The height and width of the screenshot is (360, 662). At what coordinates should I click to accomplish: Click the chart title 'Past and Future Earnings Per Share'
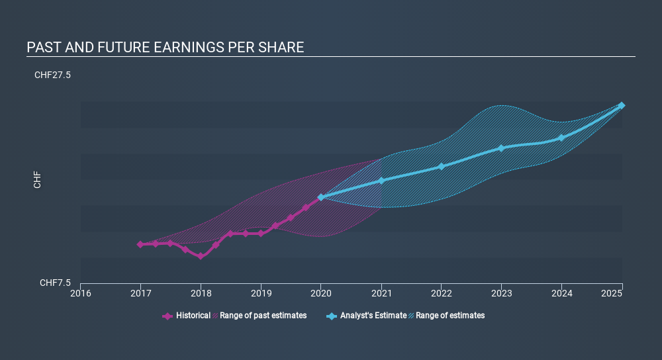(x=165, y=47)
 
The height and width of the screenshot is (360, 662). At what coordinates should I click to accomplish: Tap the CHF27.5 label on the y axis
(x=52, y=75)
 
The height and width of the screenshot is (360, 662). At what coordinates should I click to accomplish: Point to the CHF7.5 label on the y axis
(x=56, y=283)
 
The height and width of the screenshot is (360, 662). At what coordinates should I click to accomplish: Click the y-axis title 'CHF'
(x=37, y=180)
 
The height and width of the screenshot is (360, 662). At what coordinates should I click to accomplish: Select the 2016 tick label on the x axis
(x=81, y=293)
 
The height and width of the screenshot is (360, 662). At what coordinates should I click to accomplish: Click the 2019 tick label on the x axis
(x=261, y=293)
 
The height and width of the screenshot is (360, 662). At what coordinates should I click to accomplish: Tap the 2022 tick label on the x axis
(x=441, y=293)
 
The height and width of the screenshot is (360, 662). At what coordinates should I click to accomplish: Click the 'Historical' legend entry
(x=186, y=316)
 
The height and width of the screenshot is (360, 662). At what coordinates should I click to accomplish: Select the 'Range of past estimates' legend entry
(x=260, y=316)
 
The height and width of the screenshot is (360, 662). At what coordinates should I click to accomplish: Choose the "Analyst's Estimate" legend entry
(x=367, y=316)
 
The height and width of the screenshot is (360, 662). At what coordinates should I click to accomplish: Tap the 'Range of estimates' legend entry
(x=447, y=316)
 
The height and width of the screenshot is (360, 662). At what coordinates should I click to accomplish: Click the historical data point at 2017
(x=140, y=244)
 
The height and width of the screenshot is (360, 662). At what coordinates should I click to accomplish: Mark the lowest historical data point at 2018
(x=201, y=256)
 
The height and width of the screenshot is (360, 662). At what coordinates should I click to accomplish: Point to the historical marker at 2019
(x=261, y=234)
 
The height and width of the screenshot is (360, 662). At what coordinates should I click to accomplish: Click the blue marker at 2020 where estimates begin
(x=321, y=197)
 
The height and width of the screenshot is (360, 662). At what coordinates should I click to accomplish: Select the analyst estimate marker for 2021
(x=381, y=181)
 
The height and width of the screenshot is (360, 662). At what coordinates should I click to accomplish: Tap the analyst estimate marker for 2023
(x=501, y=148)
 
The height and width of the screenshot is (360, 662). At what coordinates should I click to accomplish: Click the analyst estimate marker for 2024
(x=561, y=138)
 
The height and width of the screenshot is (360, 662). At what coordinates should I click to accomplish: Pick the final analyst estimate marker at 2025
(x=622, y=105)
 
